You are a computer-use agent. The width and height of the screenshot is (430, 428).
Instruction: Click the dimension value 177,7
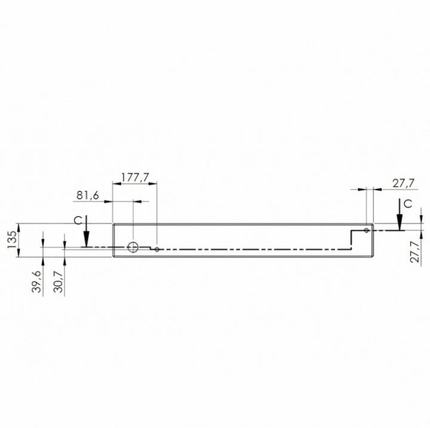coord(135,177)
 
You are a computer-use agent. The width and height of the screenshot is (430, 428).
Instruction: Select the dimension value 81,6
coord(87,196)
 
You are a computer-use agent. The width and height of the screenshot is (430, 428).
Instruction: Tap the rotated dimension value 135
coord(12,240)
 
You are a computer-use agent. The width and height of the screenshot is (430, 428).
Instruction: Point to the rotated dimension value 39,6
coord(36,281)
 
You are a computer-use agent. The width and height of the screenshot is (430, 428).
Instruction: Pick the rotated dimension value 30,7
coord(58,281)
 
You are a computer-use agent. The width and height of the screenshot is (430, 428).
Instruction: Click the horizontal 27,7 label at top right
coord(403,183)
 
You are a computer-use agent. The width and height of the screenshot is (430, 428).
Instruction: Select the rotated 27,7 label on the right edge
coord(415,252)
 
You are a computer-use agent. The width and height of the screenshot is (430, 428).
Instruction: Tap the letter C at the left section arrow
coord(78,221)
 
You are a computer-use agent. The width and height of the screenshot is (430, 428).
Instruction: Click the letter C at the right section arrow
coord(408,204)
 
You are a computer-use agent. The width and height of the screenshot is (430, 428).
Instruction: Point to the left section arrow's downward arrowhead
coord(87,239)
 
